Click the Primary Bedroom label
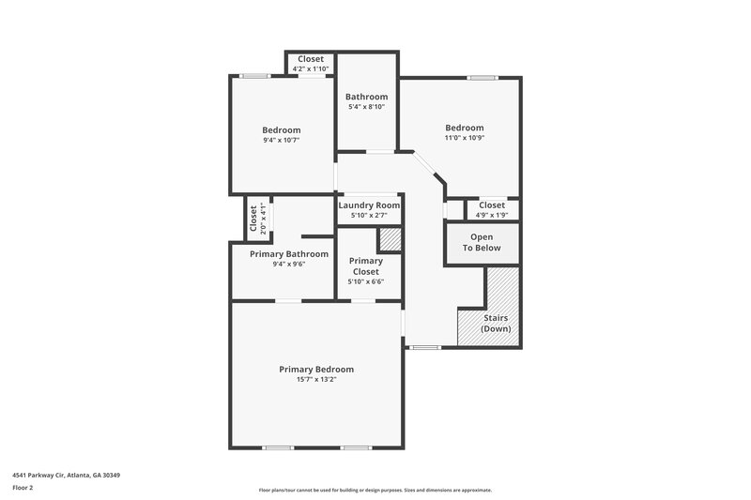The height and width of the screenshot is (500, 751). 316,369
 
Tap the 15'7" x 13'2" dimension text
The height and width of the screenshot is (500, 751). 316,380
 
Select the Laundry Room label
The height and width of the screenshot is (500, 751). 369,205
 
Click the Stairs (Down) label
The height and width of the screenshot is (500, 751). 496,323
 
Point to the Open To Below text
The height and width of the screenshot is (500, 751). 481,242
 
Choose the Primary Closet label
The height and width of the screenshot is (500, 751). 365,265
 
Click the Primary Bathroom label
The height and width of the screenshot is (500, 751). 288,253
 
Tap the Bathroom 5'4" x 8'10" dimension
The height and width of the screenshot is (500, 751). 366,107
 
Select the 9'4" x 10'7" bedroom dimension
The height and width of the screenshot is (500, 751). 282,141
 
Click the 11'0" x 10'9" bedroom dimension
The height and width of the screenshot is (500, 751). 464,138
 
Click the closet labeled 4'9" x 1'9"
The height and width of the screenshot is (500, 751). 492,215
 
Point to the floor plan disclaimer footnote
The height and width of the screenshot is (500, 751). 375,490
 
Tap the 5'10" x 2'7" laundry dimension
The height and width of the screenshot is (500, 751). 369,216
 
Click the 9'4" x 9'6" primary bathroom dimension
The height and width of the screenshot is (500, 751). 288,264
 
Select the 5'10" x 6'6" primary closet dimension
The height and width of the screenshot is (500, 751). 365,281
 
